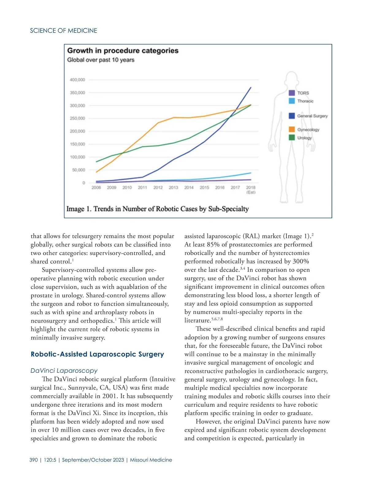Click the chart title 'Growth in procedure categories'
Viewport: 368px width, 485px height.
click(x=123, y=51)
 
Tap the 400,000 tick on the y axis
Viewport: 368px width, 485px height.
click(x=77, y=80)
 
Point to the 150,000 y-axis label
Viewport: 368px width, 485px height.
click(x=77, y=144)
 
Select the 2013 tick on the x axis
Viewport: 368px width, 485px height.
click(x=173, y=188)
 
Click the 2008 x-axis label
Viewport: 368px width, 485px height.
click(x=96, y=188)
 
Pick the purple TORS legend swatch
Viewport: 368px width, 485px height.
click(x=292, y=93)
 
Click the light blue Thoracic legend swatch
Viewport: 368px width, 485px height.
click(x=292, y=101)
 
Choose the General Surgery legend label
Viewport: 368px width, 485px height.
click(x=312, y=116)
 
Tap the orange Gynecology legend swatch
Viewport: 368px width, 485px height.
click(x=292, y=130)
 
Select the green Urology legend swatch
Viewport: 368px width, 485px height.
click(x=292, y=138)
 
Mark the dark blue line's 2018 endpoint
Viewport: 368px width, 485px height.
click(x=251, y=88)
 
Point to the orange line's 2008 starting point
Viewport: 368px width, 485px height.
click(x=97, y=172)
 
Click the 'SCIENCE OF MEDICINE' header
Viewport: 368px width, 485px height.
click(x=63, y=31)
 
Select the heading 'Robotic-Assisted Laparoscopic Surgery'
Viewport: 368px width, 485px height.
click(x=97, y=354)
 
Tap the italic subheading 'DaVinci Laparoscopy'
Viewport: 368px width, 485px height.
click(x=64, y=371)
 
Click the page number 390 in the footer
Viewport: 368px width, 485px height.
click(x=33, y=460)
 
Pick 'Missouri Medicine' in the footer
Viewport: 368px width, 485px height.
click(x=151, y=460)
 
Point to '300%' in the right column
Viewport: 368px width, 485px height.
click(x=301, y=262)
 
